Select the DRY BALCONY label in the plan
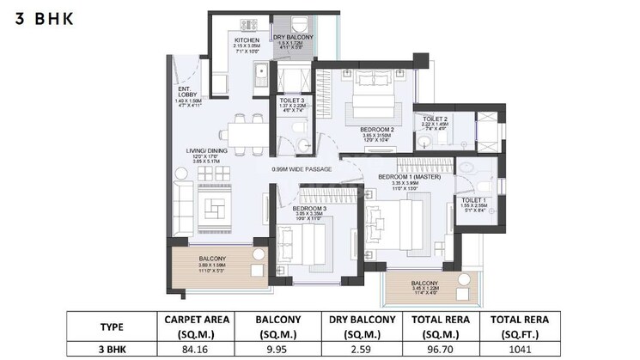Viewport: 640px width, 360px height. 293,38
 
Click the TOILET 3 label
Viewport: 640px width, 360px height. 292,101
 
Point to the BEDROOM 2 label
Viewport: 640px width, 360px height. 376,130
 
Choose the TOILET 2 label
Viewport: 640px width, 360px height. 436,119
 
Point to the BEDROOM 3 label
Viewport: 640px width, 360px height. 308,208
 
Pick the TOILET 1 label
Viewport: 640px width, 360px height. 466,200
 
